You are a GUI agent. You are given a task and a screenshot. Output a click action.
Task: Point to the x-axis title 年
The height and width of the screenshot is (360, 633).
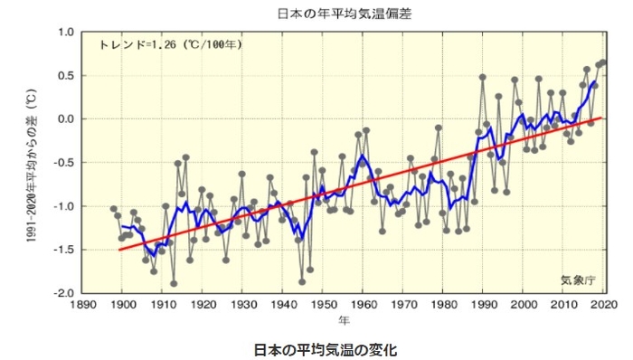[x=345, y=320]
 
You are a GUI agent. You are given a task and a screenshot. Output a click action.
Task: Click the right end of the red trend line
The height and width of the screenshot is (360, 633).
[x=601, y=118]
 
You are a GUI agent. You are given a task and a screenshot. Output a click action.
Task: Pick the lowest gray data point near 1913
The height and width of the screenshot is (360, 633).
[x=174, y=283]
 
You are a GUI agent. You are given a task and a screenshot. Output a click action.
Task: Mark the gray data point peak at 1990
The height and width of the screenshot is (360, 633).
[x=483, y=78]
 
